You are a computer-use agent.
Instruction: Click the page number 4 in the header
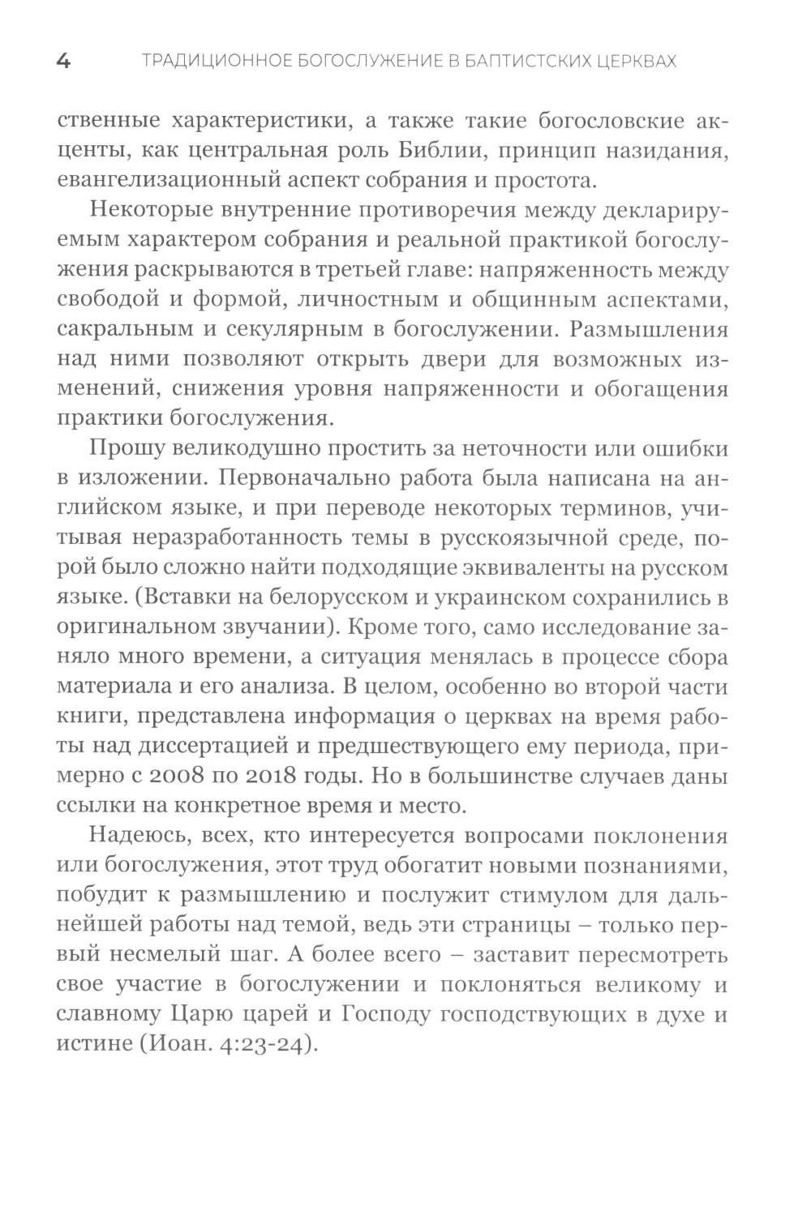(x=63, y=62)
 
